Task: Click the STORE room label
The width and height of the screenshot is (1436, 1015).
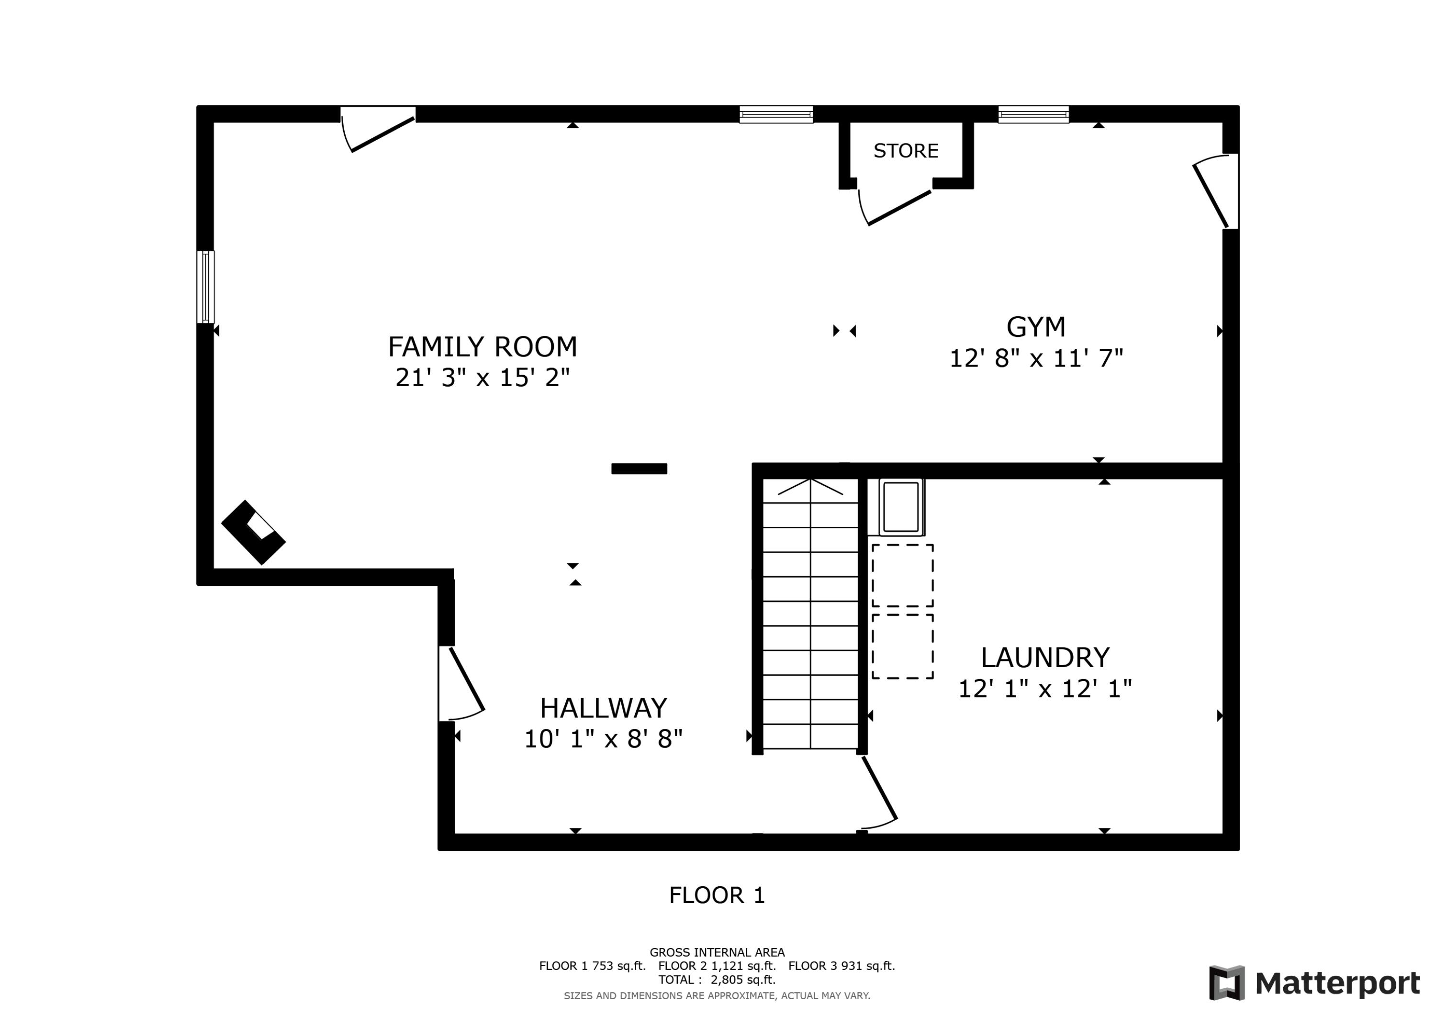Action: pos(906,151)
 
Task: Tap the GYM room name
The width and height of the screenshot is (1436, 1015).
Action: pos(1036,326)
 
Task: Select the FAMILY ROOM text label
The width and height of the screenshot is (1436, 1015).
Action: pos(482,346)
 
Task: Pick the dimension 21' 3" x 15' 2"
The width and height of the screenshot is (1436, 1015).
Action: pos(482,378)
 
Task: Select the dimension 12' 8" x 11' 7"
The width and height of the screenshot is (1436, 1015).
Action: pos(1036,358)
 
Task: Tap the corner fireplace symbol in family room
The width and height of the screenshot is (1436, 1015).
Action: pos(253,532)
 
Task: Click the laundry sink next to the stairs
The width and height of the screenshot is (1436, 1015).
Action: pos(901,507)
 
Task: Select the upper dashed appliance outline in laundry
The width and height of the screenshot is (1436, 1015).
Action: pos(902,575)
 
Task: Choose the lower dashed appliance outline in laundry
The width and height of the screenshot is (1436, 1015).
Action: pos(902,646)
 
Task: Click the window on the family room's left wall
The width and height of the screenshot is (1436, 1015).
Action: pos(206,287)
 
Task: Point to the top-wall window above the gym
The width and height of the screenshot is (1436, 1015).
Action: pos(1033,114)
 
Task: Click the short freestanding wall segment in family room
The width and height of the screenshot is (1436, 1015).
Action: pos(639,468)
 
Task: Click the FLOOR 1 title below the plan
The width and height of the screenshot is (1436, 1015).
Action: pos(717,895)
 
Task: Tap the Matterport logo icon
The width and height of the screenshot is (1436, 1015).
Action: pos(1226,982)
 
